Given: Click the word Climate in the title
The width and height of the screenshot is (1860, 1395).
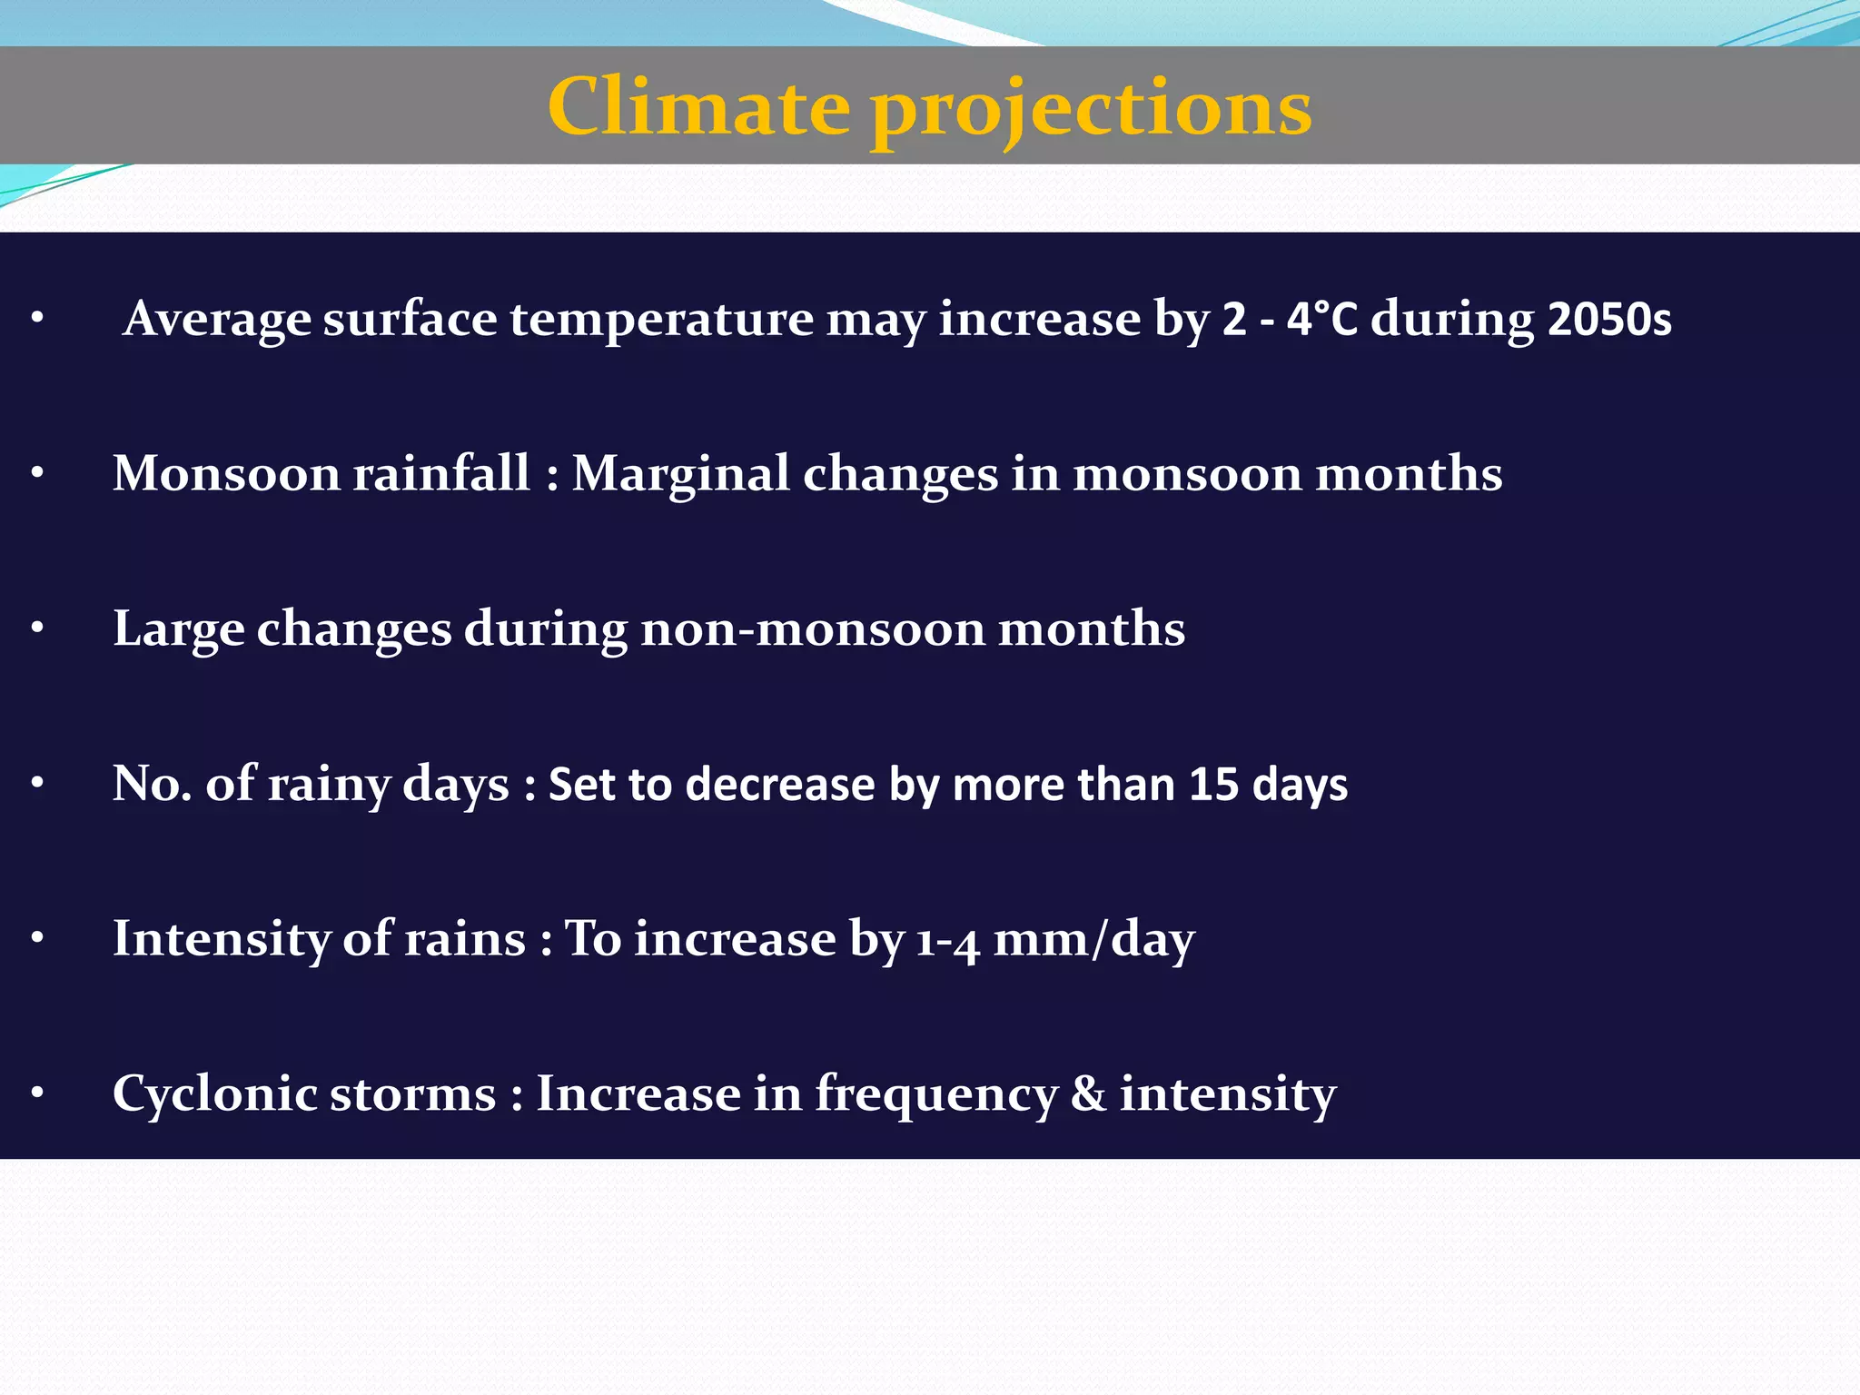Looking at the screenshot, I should [699, 107].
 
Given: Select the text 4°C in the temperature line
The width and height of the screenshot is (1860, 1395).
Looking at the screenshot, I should [1322, 319].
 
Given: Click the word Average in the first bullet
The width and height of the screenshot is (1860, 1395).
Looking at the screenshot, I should [217, 319].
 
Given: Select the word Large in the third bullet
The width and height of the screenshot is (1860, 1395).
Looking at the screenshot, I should [178, 629].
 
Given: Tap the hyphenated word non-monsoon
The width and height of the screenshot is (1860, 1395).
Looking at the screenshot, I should [813, 629].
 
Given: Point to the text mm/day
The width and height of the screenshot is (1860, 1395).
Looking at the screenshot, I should [1093, 939].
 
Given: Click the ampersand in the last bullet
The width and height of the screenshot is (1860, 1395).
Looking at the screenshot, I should [1088, 1094].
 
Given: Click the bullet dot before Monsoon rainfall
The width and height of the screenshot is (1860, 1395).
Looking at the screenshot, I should [37, 473].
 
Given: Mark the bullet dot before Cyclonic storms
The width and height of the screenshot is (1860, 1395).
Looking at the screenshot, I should [37, 1093].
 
